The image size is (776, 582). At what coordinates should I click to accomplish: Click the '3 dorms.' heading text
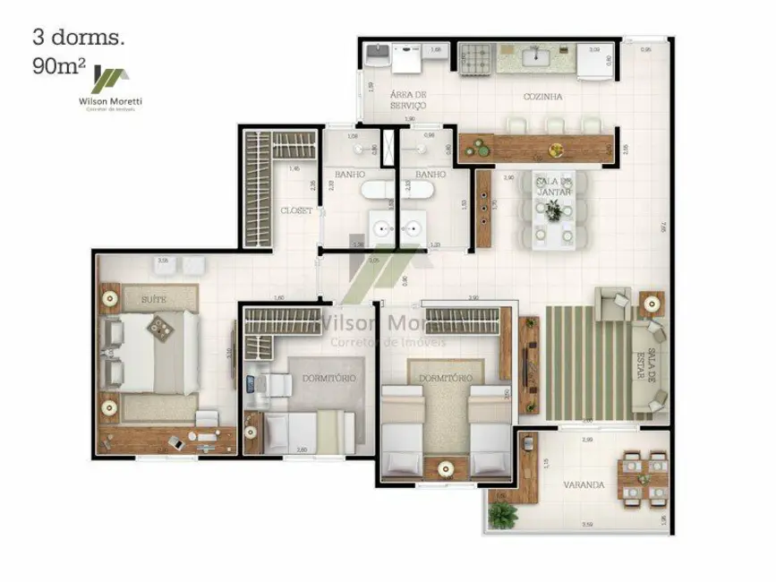79,37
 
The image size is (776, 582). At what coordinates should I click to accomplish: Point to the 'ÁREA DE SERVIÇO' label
407,99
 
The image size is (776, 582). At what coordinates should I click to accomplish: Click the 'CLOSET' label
296,210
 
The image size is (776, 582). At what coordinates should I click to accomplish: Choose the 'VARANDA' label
583,485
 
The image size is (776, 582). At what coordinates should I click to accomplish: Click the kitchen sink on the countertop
541,58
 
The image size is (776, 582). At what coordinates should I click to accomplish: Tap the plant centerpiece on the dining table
553,210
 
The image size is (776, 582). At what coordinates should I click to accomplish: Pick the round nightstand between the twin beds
445,466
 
